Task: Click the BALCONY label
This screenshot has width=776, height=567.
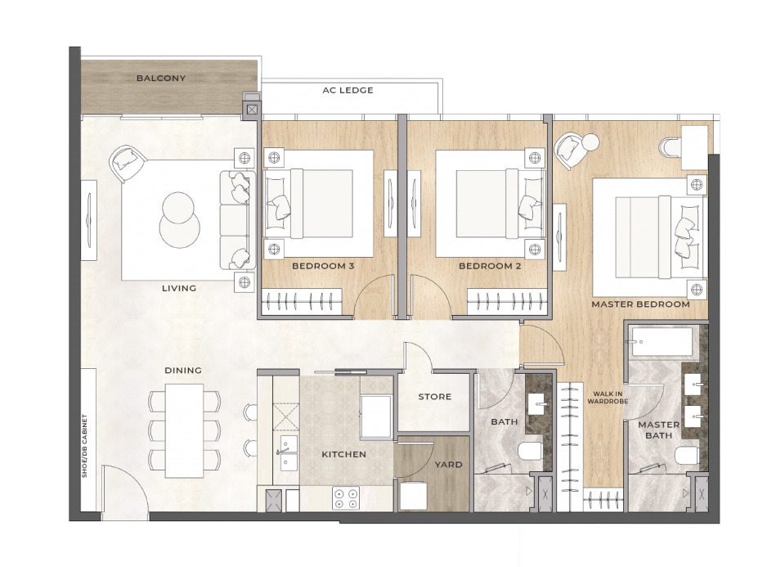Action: coord(161,79)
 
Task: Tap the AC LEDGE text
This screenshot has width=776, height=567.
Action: coord(348,90)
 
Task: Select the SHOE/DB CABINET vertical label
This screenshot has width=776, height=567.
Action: coord(84,446)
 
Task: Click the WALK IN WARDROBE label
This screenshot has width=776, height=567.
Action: coord(608,398)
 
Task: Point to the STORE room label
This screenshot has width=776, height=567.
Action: coord(434,397)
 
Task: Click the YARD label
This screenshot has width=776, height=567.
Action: coord(448,465)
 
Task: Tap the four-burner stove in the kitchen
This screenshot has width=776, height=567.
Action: coord(345,497)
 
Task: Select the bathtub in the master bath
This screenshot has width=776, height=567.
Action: coord(662,341)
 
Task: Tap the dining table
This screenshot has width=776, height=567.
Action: coord(184,430)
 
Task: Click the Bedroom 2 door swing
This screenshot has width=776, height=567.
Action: coord(430,297)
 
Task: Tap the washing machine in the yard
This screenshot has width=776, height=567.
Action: coord(413,496)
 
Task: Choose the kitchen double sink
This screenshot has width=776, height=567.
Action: coord(289,452)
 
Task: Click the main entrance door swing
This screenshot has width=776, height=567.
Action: coord(124,492)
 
